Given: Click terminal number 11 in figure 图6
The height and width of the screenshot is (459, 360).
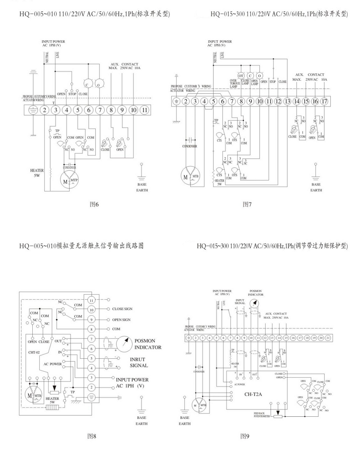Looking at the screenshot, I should pos(144,110).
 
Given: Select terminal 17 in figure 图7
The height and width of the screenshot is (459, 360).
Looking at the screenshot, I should pos(325,102).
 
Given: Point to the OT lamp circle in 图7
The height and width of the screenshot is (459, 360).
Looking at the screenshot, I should pos(241,75).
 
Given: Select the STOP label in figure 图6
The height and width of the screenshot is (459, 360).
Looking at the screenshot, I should pos(72,93).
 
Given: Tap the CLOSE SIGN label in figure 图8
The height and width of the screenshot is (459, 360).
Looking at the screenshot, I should pos(122,309).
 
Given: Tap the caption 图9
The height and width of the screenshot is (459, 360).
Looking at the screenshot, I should pos(244,436).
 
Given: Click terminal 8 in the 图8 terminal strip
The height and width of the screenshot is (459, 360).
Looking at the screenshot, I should pos(91,329).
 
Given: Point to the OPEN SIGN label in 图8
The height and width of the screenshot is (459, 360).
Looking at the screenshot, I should pos(121,320).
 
